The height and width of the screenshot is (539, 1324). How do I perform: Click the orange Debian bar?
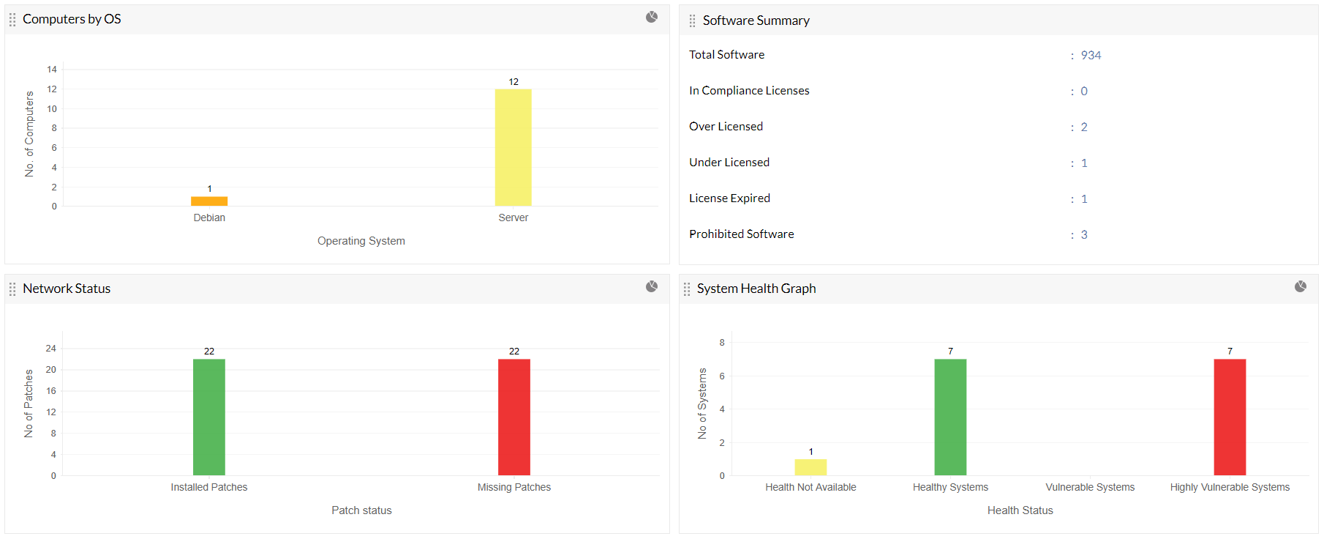click(209, 201)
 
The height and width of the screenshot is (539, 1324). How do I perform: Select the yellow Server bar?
click(513, 147)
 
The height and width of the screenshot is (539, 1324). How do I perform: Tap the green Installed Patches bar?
click(209, 417)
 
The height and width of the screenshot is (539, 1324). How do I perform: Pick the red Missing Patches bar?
click(514, 417)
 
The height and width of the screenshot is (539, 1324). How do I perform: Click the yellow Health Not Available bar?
click(810, 467)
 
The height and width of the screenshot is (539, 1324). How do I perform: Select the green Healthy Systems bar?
click(950, 417)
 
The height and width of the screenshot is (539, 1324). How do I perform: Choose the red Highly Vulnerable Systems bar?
click(1230, 417)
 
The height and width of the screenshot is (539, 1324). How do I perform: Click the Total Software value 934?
click(1091, 55)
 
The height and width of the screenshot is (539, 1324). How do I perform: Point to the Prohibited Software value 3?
click(1084, 234)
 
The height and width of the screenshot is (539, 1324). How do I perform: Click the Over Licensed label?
click(726, 126)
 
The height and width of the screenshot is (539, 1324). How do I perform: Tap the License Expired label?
click(729, 198)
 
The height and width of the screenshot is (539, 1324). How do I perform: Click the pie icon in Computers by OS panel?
click(652, 17)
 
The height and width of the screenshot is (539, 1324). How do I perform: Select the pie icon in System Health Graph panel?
click(1300, 286)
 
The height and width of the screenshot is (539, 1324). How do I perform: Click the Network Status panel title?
click(67, 289)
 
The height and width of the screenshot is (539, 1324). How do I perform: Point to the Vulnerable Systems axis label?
click(1090, 487)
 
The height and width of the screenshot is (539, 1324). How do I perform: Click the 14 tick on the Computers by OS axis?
click(52, 70)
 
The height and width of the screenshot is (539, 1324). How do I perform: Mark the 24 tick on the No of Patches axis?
click(51, 349)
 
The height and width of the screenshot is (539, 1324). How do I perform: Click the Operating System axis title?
click(361, 241)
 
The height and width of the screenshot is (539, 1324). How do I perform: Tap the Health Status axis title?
click(1020, 510)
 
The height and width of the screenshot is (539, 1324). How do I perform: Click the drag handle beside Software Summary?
click(692, 21)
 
